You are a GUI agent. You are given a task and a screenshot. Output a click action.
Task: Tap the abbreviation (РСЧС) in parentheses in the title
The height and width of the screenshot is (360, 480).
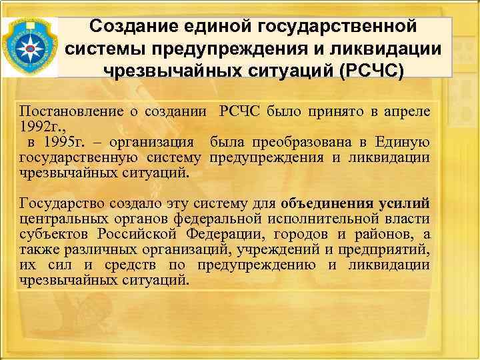363,71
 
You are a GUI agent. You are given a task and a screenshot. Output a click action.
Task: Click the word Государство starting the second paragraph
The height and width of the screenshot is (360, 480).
65,203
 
